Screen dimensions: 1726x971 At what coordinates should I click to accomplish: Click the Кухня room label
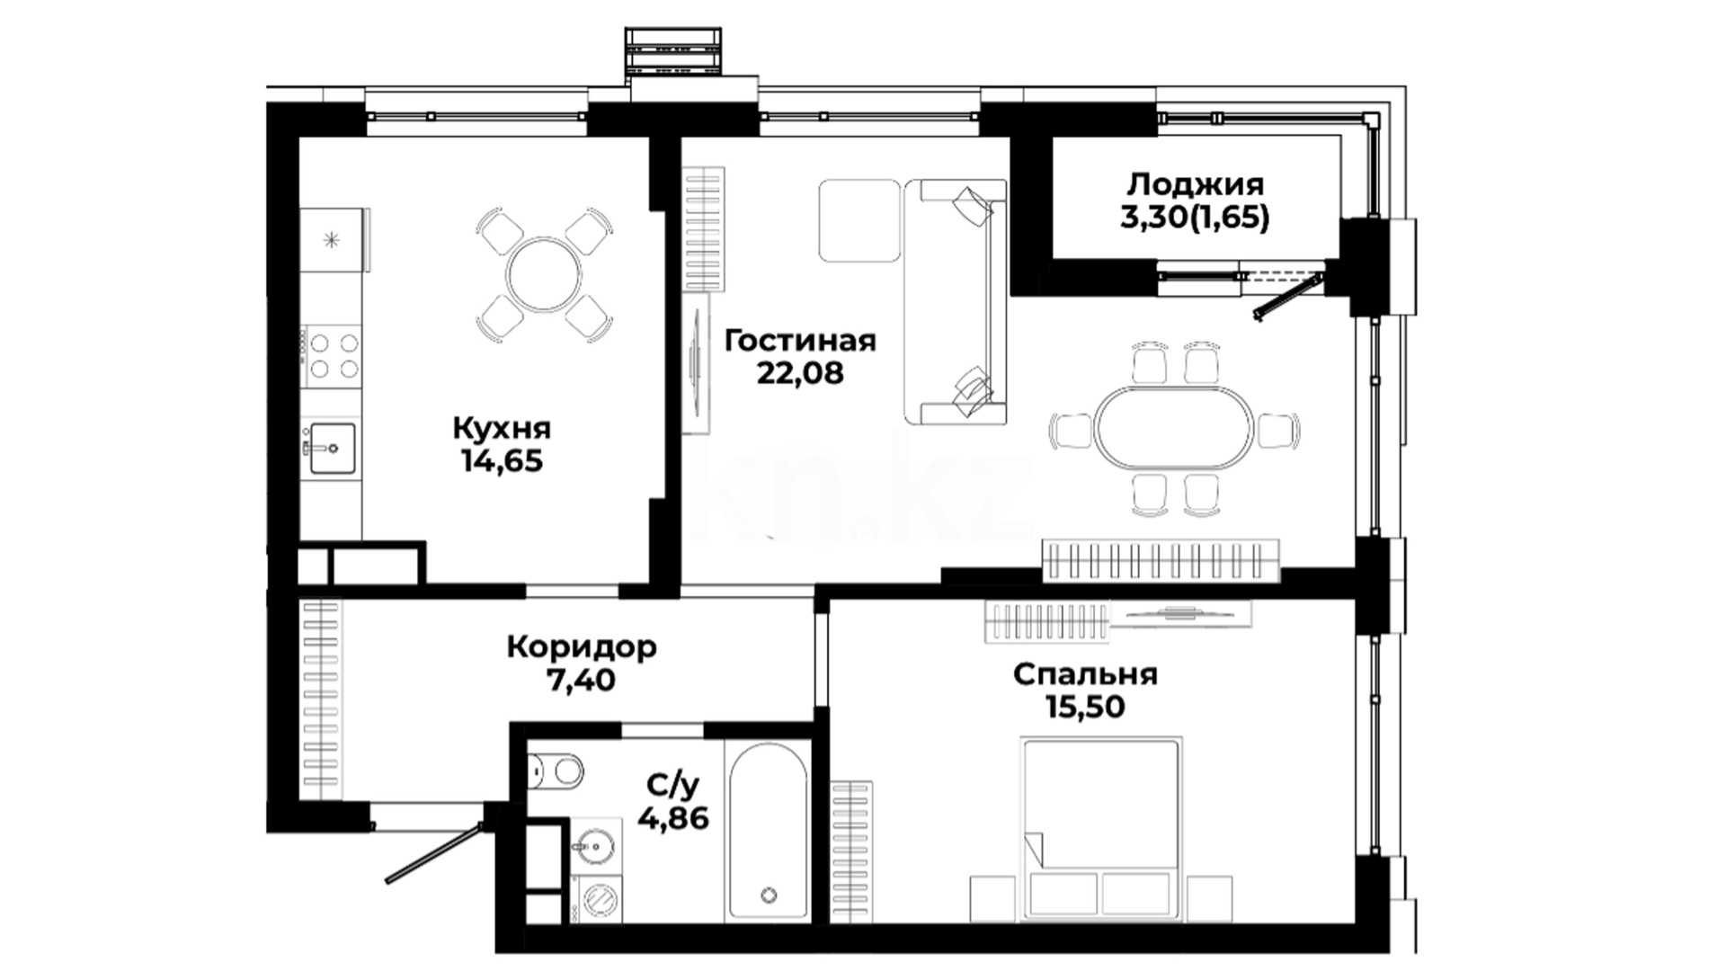502,429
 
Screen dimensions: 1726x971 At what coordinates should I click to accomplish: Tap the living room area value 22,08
800,372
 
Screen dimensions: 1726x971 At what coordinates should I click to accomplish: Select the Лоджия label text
1196,185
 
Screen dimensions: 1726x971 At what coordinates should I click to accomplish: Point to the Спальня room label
1085,674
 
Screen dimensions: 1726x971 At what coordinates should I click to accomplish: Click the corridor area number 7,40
582,680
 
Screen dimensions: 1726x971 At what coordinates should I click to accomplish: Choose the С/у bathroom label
672,786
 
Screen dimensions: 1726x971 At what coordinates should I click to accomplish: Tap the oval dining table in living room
1173,428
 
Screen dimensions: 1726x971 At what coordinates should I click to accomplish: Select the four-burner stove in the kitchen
334,355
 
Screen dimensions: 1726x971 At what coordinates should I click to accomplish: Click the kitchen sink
332,448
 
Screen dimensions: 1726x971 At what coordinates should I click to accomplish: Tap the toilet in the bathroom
555,771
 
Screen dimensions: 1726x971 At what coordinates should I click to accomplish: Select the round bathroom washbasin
594,845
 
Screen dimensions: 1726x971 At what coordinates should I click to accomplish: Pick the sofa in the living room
956,301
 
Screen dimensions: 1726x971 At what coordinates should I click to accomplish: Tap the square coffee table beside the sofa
859,220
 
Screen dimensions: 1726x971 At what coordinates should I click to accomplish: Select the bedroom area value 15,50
1085,707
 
